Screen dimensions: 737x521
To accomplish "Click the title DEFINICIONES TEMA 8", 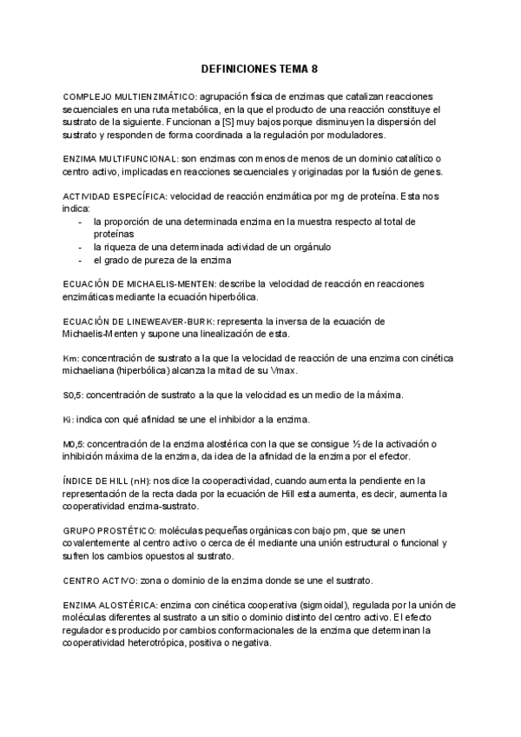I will click(x=260, y=68).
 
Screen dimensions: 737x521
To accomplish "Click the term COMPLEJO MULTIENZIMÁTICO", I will click(x=129, y=95).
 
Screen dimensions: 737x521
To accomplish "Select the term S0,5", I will click(x=74, y=396).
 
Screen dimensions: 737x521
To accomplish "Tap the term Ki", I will click(x=69, y=420).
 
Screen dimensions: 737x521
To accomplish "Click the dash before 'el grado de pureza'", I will click(x=81, y=260).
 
